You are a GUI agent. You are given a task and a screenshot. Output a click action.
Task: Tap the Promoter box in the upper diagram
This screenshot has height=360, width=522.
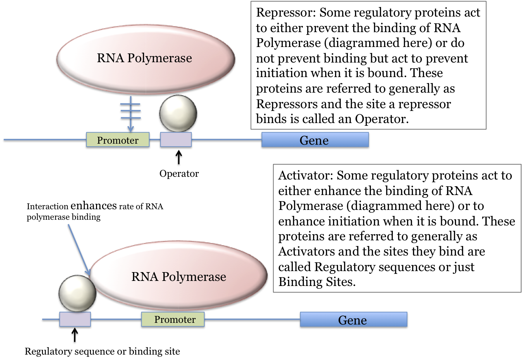118,140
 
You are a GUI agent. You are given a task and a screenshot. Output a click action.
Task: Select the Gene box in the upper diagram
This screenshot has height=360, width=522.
315,140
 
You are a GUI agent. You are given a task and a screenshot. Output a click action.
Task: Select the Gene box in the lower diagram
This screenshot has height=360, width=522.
353,319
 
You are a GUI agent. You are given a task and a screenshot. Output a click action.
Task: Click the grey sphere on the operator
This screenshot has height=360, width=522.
178,113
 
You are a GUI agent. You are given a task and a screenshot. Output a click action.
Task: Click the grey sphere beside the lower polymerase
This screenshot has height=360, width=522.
77,293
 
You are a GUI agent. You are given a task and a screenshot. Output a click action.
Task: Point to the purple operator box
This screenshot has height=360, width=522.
176,140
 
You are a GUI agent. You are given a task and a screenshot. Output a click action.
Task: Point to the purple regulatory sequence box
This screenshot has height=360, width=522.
75,319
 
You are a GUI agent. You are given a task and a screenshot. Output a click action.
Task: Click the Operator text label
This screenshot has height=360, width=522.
179,174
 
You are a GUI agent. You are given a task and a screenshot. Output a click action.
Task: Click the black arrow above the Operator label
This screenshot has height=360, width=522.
179,158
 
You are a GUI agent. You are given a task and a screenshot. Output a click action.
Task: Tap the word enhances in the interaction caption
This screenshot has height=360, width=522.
94,206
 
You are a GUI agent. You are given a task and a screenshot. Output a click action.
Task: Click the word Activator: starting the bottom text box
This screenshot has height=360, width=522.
306,175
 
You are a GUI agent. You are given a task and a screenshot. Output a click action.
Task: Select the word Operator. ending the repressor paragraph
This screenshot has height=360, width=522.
381,119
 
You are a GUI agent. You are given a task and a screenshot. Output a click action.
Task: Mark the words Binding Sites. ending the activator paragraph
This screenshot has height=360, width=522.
317,282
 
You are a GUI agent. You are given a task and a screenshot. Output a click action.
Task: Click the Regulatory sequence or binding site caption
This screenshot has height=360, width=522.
102,352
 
